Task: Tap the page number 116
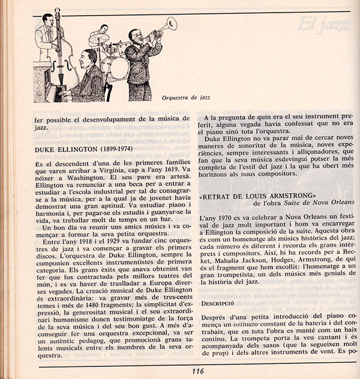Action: [197, 371]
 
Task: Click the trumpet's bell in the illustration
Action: [172, 23]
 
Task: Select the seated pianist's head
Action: [88, 58]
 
